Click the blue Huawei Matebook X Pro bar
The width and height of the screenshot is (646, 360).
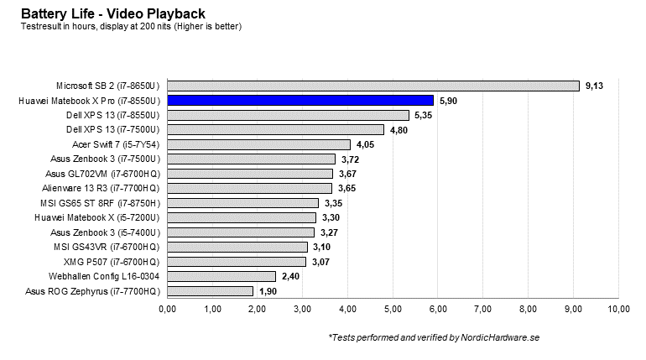tap(300, 100)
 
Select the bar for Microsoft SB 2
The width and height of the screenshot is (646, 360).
tap(372, 86)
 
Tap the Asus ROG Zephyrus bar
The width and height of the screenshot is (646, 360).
tap(210, 291)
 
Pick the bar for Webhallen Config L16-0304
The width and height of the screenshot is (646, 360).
tap(221, 276)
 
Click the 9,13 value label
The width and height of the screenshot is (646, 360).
tap(594, 86)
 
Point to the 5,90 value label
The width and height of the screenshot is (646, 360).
tap(448, 100)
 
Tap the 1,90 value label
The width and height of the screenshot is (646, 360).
tap(268, 291)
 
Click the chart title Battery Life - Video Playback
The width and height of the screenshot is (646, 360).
tap(112, 13)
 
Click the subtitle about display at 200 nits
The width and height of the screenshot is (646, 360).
tap(131, 26)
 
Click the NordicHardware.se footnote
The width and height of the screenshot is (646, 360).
tap(434, 337)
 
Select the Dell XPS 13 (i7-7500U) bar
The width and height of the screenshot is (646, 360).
tap(275, 129)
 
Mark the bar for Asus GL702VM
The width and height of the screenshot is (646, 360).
tap(249, 174)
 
